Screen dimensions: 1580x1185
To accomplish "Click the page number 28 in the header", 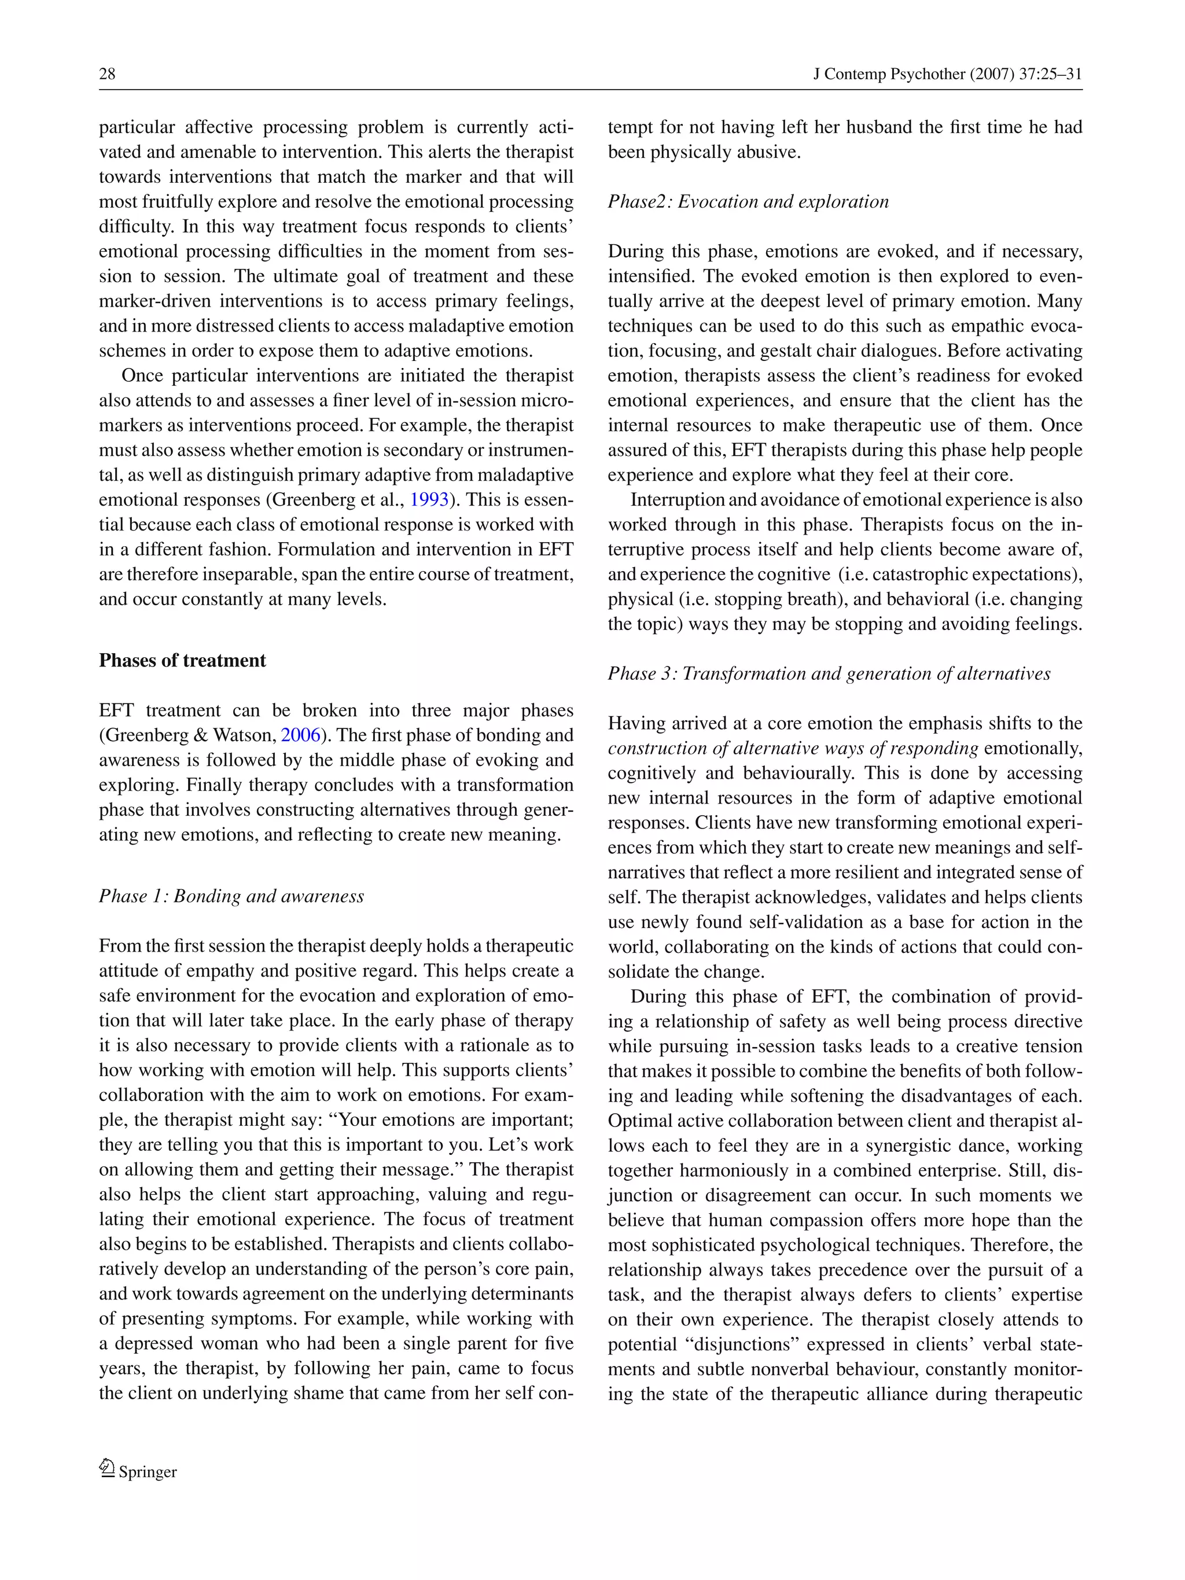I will click(x=107, y=73).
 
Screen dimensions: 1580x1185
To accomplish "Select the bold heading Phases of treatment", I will click(x=182, y=661).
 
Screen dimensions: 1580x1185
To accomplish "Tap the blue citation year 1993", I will click(x=429, y=499).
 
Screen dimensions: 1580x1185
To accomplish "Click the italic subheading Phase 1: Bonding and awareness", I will click(x=231, y=896).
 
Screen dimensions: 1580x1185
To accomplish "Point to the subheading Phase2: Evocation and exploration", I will click(x=748, y=201).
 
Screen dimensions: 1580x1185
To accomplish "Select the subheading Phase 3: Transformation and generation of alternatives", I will click(x=829, y=673).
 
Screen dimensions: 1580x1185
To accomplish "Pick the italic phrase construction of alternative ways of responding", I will click(x=793, y=748).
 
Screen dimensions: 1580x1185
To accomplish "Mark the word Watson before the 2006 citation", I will click(x=244, y=735).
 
